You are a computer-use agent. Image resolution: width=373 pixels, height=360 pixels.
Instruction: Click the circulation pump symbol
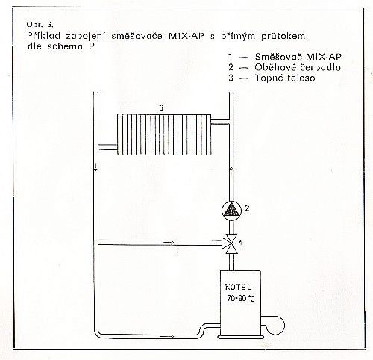[231, 210]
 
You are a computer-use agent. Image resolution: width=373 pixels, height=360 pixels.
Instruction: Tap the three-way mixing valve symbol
[231, 243]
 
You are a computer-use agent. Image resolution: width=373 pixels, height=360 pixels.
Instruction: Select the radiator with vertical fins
[164, 134]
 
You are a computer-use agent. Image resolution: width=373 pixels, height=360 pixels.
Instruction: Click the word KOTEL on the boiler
[238, 287]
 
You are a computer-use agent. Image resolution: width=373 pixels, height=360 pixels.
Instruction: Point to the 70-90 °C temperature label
[240, 298]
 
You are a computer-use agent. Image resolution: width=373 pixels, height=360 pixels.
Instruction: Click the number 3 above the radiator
[161, 108]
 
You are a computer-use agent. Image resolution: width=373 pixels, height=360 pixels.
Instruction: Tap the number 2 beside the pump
[247, 208]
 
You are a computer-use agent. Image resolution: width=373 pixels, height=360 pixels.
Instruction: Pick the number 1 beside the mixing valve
[240, 243]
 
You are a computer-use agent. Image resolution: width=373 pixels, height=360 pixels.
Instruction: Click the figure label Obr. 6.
[40, 25]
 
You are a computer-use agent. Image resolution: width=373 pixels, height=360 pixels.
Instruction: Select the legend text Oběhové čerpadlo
[298, 67]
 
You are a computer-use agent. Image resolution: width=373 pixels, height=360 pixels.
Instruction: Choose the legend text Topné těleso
[285, 78]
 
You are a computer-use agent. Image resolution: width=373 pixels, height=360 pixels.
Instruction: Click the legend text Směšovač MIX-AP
[298, 57]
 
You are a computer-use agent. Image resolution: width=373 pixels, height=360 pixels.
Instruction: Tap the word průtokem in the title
[283, 37]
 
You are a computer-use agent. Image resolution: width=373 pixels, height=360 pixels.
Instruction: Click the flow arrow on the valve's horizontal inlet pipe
[169, 242]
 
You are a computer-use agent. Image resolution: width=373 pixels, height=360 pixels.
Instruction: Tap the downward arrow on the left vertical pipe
[95, 167]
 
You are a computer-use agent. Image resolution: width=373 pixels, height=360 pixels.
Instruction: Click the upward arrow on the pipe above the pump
[231, 171]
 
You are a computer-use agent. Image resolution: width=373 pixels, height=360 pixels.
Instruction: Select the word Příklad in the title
[43, 36]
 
